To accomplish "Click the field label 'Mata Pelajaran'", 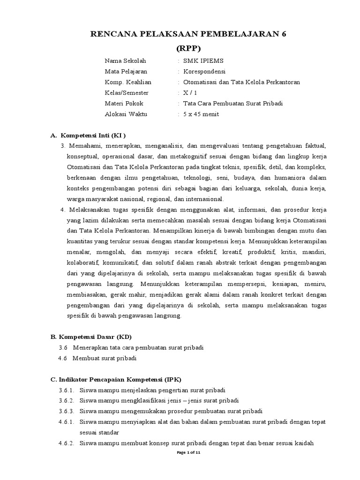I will tap(126, 71).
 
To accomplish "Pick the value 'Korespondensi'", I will tap(204, 71).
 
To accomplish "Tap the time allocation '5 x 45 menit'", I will tap(201, 114).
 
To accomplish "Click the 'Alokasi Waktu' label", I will tap(126, 114).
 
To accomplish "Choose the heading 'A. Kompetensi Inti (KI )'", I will tap(88, 135).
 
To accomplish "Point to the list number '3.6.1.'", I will tap(67, 390).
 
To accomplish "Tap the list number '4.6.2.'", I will tap(67, 443).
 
